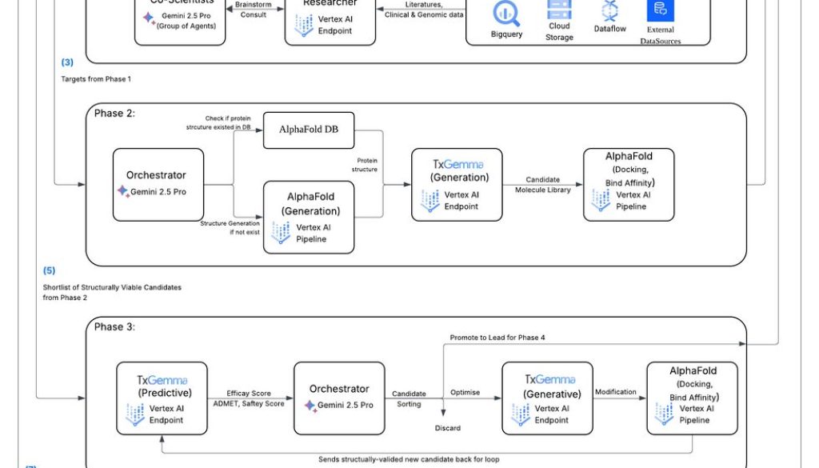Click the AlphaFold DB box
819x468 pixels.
click(x=309, y=130)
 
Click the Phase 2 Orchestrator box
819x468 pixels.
click(x=157, y=185)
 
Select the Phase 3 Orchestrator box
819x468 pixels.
click(x=339, y=398)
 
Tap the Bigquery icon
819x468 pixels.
click(x=507, y=13)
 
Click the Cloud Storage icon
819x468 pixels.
click(x=559, y=10)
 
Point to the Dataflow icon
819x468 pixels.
click(x=610, y=10)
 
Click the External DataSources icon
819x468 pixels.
click(x=660, y=10)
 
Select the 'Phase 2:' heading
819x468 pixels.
click(x=114, y=114)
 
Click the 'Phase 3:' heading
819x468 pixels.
click(x=114, y=327)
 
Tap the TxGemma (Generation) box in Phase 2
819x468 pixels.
click(x=457, y=185)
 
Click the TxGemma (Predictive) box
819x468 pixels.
click(x=162, y=398)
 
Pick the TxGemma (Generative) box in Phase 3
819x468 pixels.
click(x=552, y=398)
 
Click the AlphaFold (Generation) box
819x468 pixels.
click(x=310, y=217)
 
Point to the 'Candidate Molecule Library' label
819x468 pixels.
click(x=542, y=186)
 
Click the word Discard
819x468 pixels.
click(x=448, y=428)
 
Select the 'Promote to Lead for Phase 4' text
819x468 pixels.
click(x=497, y=338)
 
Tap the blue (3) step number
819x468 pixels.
click(x=67, y=62)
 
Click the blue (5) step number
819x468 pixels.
click(x=49, y=271)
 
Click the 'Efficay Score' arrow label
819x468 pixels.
click(x=249, y=394)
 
